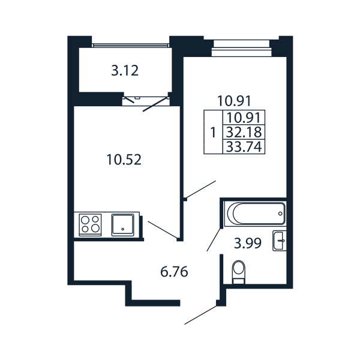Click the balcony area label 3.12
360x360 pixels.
pos(125,71)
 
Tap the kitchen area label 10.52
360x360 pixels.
pos(124,160)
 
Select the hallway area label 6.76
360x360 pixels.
pos(174,272)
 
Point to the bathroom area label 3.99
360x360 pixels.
pos(248,244)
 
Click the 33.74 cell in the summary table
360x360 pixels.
pos(244,147)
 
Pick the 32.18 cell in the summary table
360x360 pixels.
pos(244,132)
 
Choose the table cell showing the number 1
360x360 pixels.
pos(213,132)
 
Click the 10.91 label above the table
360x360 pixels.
pos(235,101)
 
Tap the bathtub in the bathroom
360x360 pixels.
pos(255,214)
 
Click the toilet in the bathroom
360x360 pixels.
pos(239,272)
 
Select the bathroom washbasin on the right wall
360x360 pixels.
pos(280,241)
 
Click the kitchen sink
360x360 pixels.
pos(123,225)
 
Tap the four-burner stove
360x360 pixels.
pos(90,225)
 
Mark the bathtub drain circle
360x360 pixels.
pos(280,214)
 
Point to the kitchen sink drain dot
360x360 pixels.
pos(123,229)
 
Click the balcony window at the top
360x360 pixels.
pos(130,45)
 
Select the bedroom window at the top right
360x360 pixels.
pos(242,48)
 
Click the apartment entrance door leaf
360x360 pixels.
pos(200,315)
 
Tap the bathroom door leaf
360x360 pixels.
pos(214,239)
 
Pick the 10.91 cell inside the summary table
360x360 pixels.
pos(244,118)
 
